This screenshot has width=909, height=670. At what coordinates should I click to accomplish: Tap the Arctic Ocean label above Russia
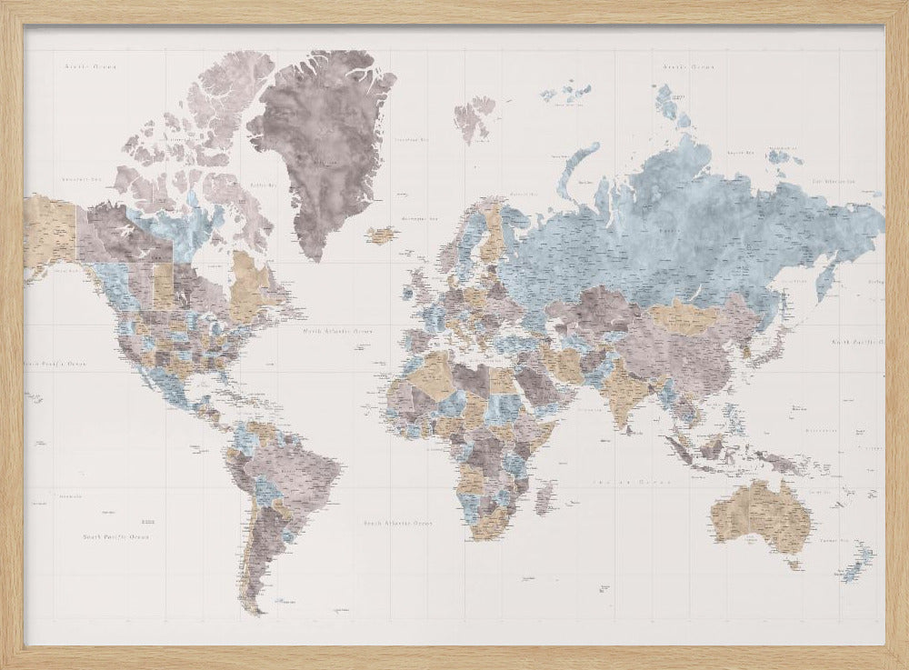688,66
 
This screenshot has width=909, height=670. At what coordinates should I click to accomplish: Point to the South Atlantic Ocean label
397,524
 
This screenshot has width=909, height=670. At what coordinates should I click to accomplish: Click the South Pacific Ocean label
115,537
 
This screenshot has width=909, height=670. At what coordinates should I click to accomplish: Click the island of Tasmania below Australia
794,564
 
